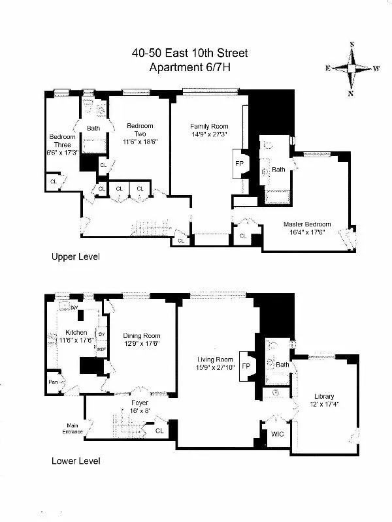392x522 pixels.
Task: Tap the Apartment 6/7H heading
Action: pyautogui.click(x=195, y=67)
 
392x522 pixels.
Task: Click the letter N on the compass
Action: pyautogui.click(x=351, y=92)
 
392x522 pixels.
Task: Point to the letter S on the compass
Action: pyautogui.click(x=351, y=44)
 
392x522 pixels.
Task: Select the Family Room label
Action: pyautogui.click(x=207, y=126)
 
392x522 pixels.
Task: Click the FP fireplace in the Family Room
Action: pyautogui.click(x=238, y=164)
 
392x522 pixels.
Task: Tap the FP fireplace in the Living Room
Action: pyautogui.click(x=246, y=366)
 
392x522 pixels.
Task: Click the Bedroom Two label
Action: pyautogui.click(x=140, y=129)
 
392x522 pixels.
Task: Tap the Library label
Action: pyautogui.click(x=324, y=396)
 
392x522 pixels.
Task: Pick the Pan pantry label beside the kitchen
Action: pyautogui.click(x=52, y=382)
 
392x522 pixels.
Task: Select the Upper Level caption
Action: pyautogui.click(x=76, y=257)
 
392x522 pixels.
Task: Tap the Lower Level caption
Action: pyautogui.click(x=76, y=461)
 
